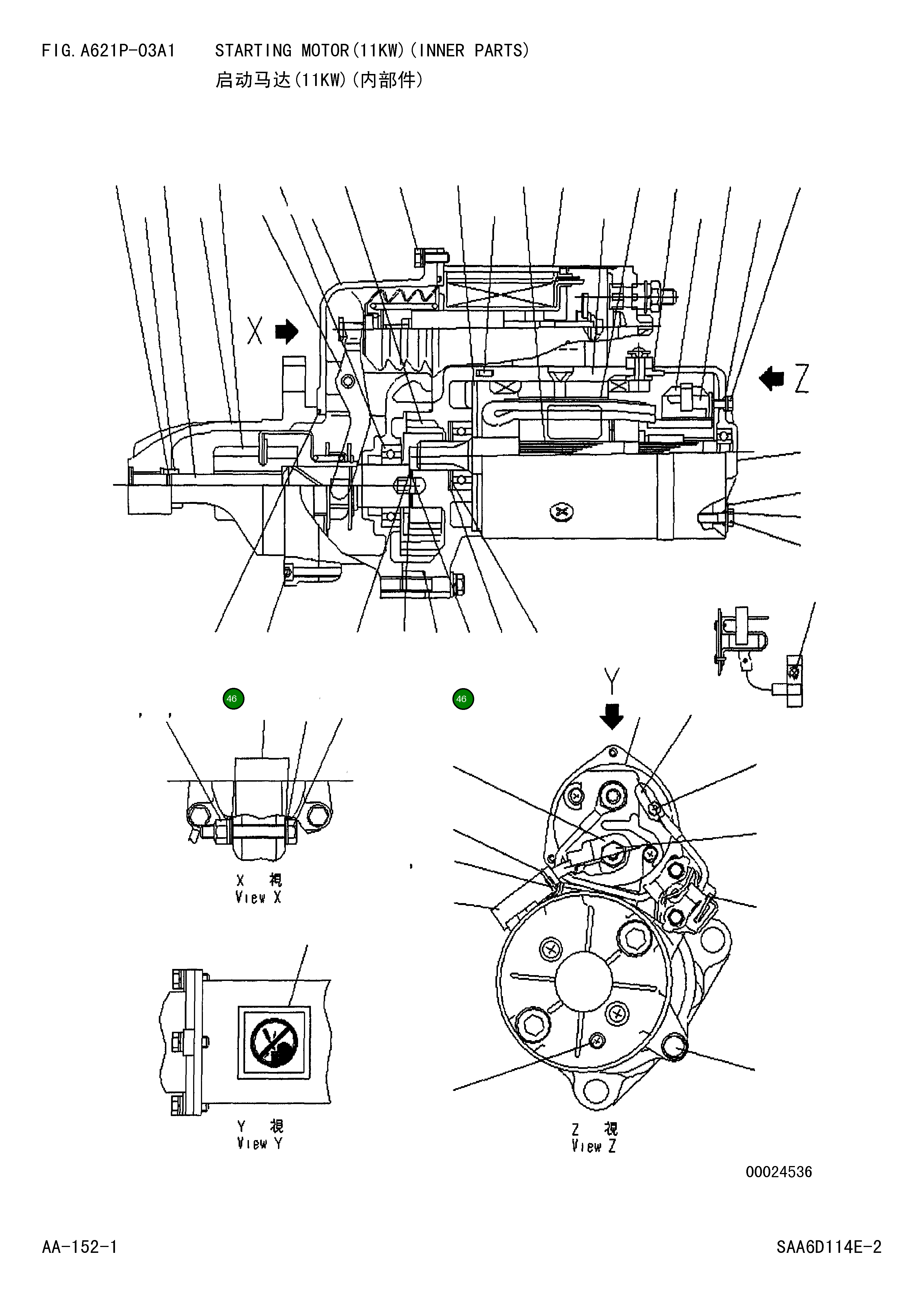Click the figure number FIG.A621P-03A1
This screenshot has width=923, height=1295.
108,51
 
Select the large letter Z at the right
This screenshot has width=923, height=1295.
801,379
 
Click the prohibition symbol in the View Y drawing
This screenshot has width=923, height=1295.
274,1042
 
